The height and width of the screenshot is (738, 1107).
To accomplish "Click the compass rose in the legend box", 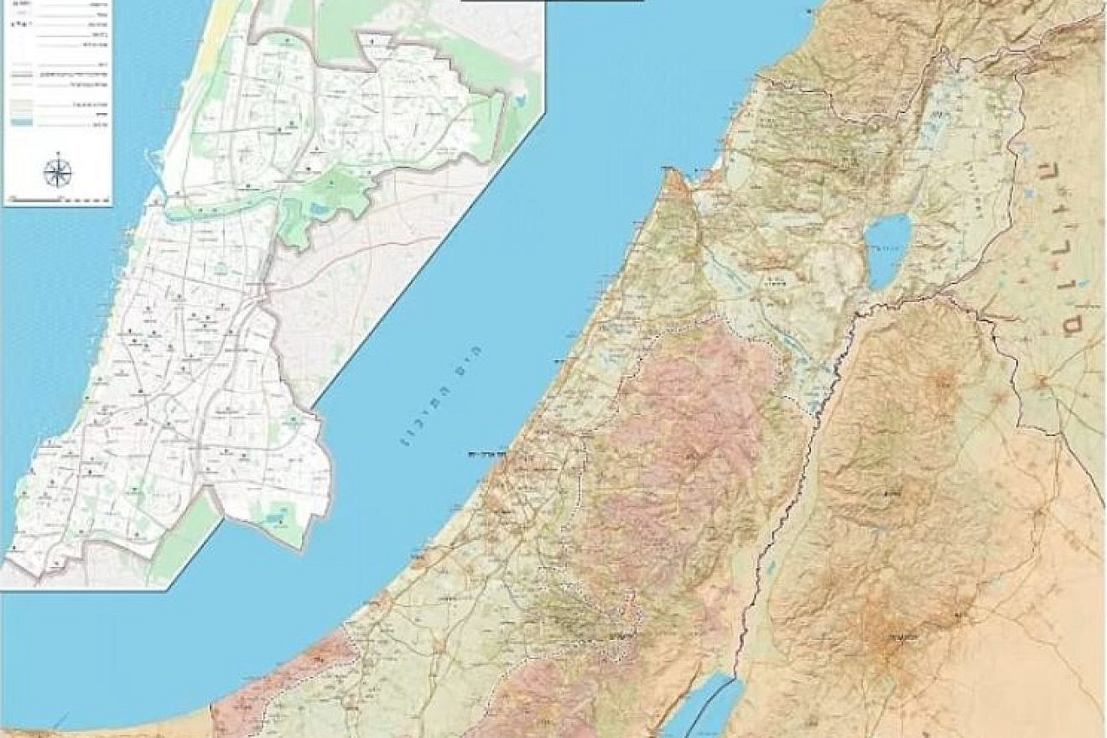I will pyautogui.click(x=57, y=172).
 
